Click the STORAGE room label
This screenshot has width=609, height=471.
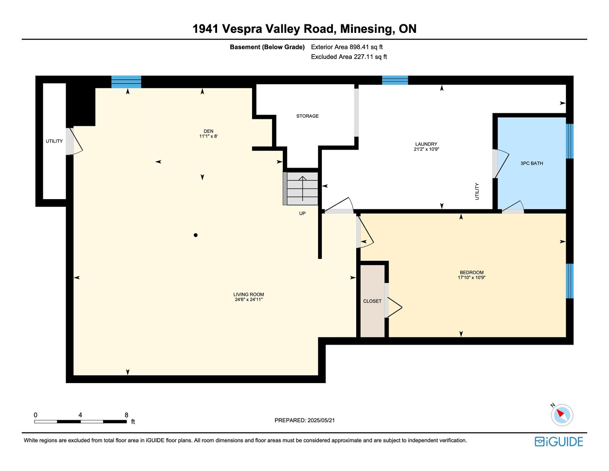click(307, 116)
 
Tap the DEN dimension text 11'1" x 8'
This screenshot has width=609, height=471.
click(208, 136)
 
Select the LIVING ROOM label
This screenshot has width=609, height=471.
click(249, 295)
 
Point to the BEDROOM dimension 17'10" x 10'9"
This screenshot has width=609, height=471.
click(472, 278)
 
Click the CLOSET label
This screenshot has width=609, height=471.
click(372, 301)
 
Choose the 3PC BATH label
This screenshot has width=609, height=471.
click(532, 163)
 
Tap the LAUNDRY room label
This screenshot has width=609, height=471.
click(426, 144)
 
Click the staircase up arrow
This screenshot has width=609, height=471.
click(302, 188)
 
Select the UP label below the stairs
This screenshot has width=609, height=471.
click(302, 214)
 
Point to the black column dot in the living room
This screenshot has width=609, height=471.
click(196, 235)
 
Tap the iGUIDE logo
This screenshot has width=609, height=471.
click(559, 441)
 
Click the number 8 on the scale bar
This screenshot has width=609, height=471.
click(126, 415)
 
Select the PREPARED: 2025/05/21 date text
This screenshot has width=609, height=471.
click(304, 420)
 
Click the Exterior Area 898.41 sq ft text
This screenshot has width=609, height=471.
click(347, 47)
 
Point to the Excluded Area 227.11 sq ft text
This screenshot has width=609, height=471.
click(349, 57)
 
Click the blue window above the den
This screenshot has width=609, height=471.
click(126, 82)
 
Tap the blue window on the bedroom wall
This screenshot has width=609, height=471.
click(570, 281)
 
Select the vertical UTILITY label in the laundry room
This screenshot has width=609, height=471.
click(477, 191)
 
